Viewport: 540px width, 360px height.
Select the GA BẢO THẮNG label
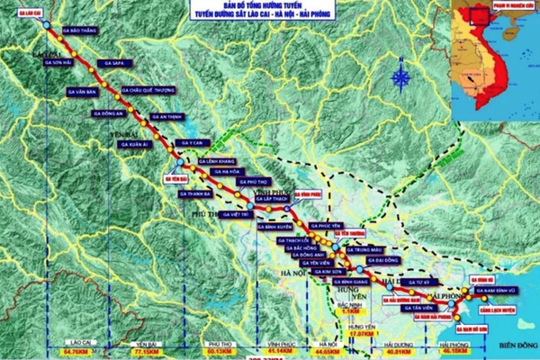point(80,29)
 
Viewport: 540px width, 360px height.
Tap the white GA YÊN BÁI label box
point(174,178)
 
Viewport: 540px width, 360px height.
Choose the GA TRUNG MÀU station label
point(382,250)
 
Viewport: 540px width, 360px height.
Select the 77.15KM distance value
point(145,353)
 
